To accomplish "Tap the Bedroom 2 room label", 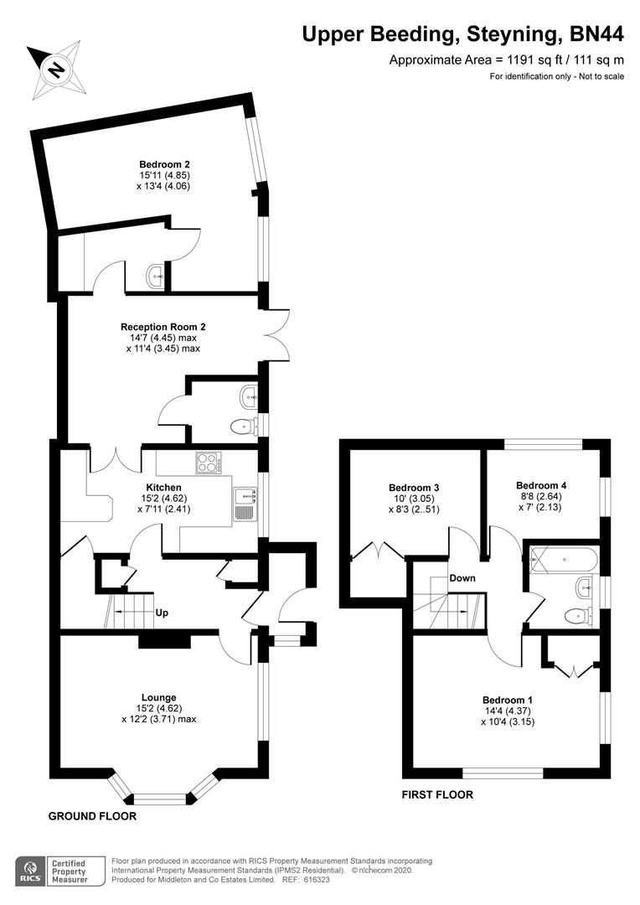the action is point(158,164).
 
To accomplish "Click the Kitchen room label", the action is point(163,487).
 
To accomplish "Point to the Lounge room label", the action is point(158,697).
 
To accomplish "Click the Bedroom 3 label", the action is point(414,488).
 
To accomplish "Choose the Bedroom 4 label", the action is point(541,485).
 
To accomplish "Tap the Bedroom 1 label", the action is point(507,700).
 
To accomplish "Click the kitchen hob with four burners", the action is point(208,463).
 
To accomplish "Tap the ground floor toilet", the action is point(243,427).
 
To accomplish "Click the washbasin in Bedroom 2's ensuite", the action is point(155,277).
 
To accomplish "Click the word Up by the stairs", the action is point(162,613).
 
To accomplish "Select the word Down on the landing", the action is point(462,578).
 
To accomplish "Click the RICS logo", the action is point(31,871).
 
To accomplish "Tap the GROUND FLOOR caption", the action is point(91,815).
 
